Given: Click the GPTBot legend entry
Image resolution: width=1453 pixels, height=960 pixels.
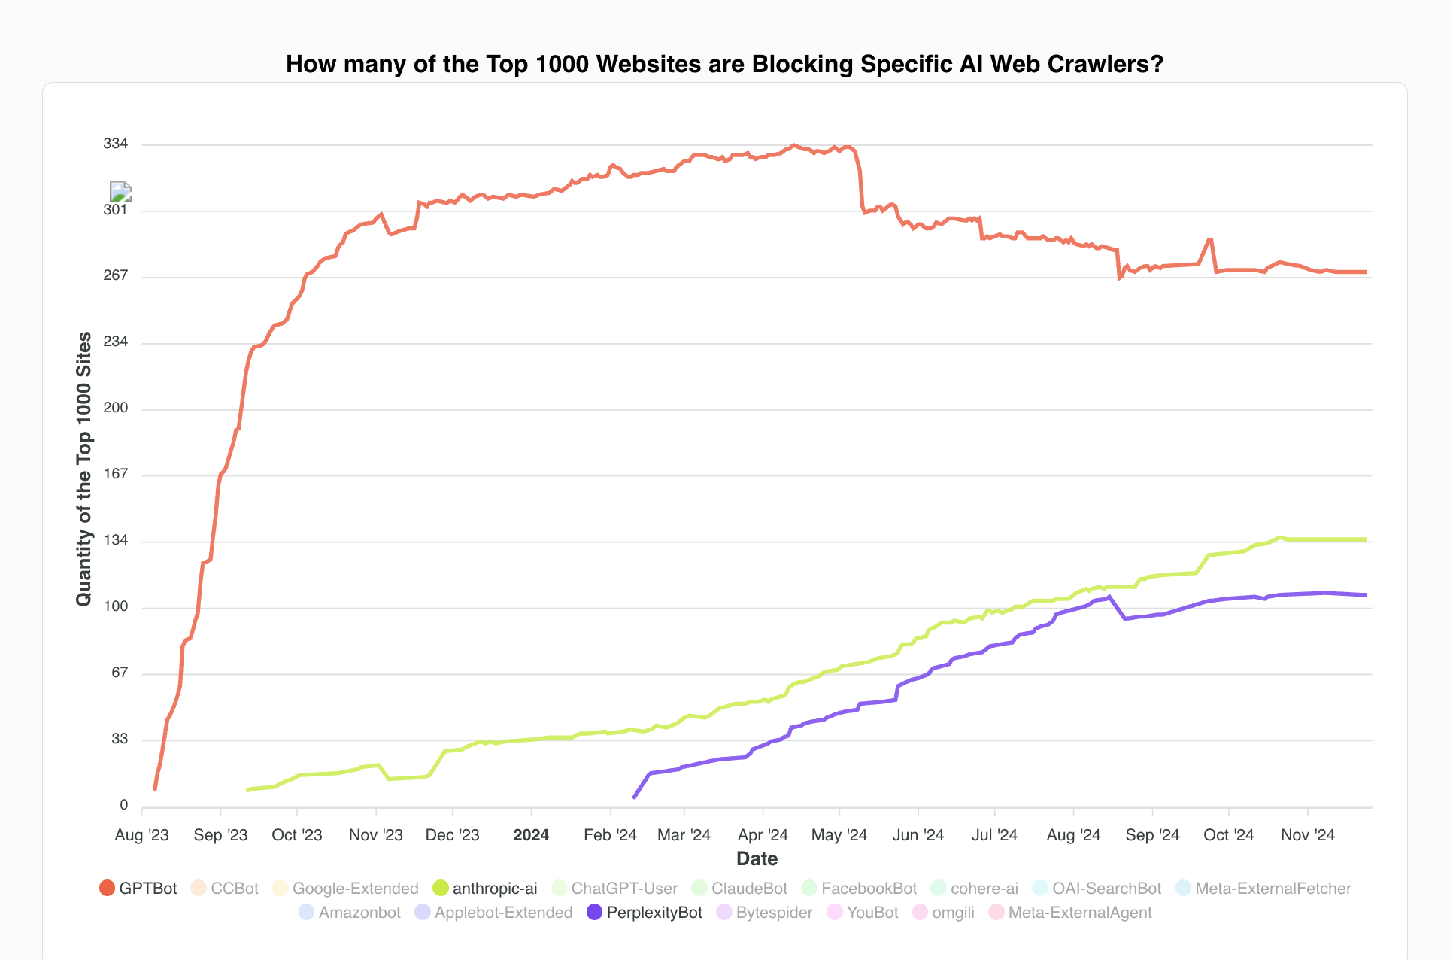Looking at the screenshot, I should (138, 889).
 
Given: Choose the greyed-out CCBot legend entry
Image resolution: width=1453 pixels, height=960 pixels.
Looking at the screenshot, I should (225, 889).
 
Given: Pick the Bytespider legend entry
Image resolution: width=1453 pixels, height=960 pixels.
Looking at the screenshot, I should (764, 913).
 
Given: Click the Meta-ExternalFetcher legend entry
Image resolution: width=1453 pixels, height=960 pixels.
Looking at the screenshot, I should (1263, 889).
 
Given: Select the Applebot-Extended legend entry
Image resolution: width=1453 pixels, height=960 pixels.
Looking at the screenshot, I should (493, 913).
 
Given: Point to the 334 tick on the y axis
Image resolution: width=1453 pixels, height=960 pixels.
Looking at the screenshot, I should (116, 144).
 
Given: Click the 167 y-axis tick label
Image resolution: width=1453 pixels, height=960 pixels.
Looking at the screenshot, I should (116, 474).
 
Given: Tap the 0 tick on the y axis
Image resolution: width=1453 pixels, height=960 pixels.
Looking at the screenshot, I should (124, 805).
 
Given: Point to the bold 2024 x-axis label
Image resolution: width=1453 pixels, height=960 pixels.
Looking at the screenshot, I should (531, 835).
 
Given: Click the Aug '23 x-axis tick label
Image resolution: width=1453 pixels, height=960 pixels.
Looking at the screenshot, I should (142, 835).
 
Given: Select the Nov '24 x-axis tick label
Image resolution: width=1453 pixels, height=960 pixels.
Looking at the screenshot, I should (1308, 835).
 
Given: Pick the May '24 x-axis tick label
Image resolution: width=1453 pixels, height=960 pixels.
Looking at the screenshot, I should (839, 835).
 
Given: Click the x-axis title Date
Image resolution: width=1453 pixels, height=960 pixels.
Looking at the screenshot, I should (757, 858).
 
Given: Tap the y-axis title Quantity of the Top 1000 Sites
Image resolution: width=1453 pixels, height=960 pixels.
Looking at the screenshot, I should (83, 469).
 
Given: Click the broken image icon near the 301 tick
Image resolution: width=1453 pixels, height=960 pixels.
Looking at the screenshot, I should (121, 192).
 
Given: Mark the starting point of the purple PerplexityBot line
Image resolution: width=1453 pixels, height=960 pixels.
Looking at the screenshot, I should (634, 797).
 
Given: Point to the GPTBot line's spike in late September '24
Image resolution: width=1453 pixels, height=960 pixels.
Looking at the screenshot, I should (1209, 240).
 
